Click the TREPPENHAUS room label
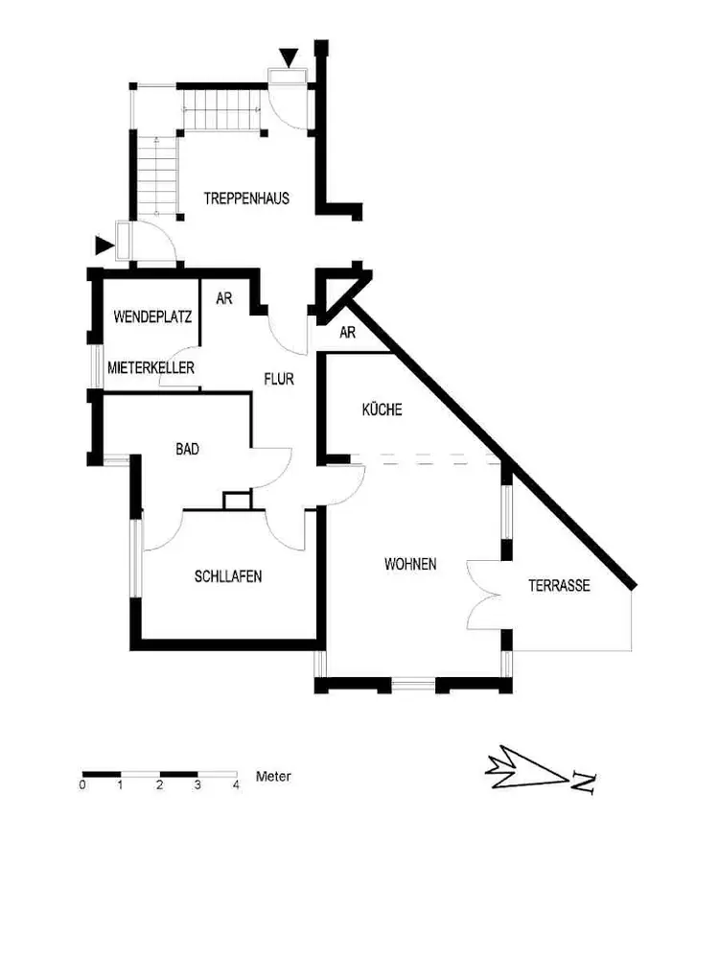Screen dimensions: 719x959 tap(246, 199)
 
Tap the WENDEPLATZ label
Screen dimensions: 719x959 tap(153, 316)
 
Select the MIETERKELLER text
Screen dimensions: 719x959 tap(151, 367)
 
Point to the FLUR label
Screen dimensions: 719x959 tap(279, 379)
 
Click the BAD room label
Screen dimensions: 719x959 tap(187, 448)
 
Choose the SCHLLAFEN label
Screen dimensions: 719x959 tap(228, 576)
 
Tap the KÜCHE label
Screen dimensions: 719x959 tap(382, 409)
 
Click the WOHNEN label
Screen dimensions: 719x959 tap(410, 564)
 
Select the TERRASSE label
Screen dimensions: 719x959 tap(559, 585)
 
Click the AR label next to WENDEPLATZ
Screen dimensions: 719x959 tap(224, 298)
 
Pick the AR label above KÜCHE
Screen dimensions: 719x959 tap(348, 333)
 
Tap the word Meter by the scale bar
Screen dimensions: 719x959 tap(273, 777)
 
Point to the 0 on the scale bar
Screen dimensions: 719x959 tap(82, 785)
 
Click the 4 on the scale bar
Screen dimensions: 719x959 tap(236, 785)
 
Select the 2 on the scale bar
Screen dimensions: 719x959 tap(159, 785)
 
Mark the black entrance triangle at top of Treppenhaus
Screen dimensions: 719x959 tap(289, 58)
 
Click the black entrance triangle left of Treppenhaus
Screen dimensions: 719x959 tap(104, 246)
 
